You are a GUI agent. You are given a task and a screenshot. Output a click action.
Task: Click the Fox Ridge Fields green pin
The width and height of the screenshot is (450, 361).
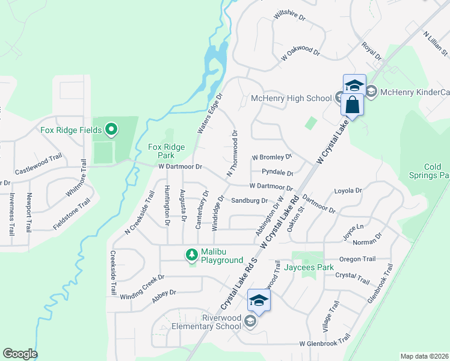click(x=111, y=129)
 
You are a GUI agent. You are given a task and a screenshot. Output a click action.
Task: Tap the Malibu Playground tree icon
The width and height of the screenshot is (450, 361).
click(x=192, y=255)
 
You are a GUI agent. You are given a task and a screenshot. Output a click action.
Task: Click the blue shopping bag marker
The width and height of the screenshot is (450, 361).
click(x=353, y=105)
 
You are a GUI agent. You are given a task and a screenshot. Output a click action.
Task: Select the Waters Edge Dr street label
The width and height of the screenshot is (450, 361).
click(x=210, y=113)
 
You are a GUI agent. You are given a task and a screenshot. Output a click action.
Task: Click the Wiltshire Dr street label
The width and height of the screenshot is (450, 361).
click(x=289, y=16)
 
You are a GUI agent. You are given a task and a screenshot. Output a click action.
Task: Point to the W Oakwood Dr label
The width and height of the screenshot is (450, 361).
click(x=300, y=56)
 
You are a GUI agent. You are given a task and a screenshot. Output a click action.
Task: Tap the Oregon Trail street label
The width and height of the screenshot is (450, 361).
click(x=357, y=259)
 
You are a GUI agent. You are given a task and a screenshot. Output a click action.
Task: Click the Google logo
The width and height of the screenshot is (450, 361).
click(x=20, y=354)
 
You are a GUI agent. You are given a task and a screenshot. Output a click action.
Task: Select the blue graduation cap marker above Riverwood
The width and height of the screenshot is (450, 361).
click(x=259, y=301)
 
